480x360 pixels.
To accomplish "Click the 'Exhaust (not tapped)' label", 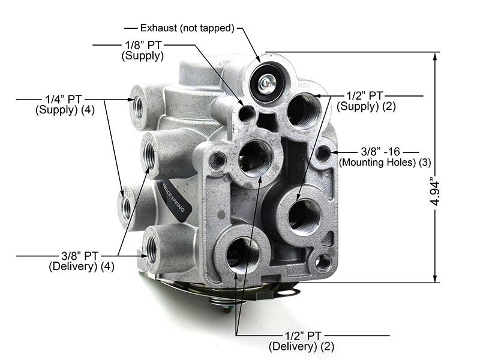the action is tap(187, 28).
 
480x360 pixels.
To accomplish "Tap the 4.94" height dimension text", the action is tap(434, 191).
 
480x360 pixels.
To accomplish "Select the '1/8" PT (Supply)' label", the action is tap(143, 50).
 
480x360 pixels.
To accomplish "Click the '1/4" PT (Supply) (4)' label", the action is tap(65, 104).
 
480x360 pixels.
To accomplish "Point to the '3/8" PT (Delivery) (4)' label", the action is tap(82, 261).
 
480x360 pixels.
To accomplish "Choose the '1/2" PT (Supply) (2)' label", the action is tap(366, 101).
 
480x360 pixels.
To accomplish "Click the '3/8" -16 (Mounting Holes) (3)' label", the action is tap(385, 157).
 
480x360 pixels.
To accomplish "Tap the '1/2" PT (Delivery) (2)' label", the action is tap(302, 341).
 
